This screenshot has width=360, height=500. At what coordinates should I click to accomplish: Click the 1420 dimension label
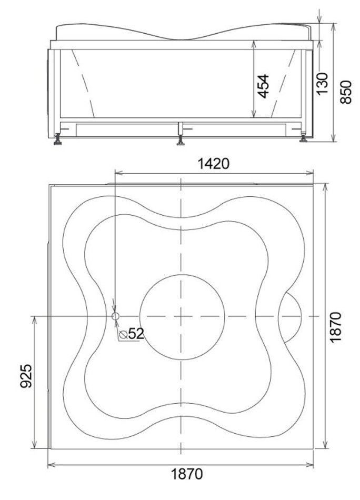click(x=213, y=164)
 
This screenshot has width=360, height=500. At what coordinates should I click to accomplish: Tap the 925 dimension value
click(x=26, y=376)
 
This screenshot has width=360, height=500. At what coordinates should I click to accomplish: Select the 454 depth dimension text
click(x=263, y=86)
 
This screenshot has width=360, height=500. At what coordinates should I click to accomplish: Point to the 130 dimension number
click(x=322, y=84)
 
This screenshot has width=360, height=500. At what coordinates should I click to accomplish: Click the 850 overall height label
click(x=346, y=92)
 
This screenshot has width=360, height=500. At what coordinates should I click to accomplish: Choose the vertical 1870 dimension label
click(x=335, y=327)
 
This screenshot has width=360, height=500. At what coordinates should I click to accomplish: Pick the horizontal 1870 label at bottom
click(x=187, y=474)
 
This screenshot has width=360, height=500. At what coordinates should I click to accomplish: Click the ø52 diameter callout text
click(x=132, y=334)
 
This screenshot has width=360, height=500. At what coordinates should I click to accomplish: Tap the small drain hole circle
click(x=115, y=316)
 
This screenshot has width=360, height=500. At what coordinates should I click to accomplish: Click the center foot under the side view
click(x=181, y=141)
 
